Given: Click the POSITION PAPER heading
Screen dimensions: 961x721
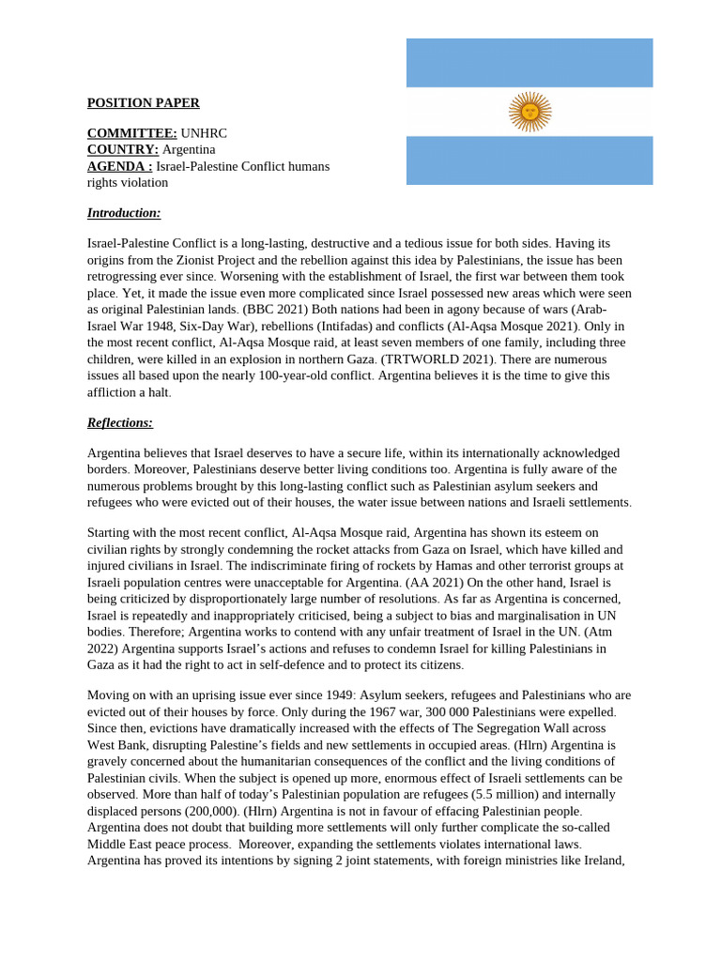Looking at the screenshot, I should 143,103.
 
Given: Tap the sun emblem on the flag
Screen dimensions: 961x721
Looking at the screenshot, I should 529,112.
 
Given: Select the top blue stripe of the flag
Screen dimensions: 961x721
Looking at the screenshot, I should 529,62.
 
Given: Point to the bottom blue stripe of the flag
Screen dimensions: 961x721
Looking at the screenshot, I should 529,160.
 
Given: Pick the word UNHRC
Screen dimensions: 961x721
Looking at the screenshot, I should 204,133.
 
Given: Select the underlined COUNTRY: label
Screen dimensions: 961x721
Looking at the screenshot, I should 123,149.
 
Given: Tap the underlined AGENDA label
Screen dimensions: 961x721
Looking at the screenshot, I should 119,166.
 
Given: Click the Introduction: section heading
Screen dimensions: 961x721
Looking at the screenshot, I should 124,213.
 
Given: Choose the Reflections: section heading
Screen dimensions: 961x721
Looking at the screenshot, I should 120,422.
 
